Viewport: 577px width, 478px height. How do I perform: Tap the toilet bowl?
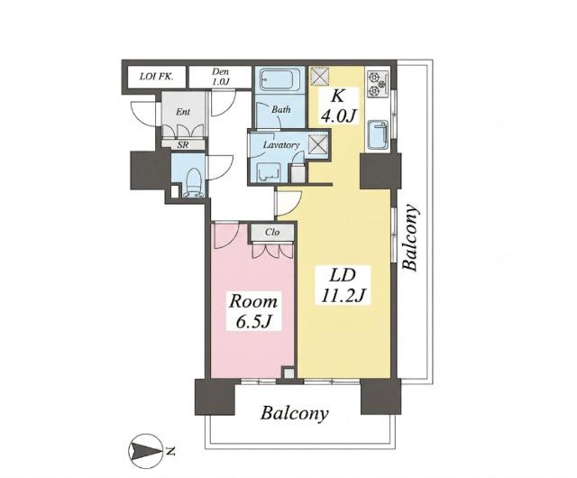193,183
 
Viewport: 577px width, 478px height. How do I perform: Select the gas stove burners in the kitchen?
378,83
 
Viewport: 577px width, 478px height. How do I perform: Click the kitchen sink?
378,134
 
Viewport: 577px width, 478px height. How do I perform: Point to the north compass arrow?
146,451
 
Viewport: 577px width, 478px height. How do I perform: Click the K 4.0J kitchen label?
338,106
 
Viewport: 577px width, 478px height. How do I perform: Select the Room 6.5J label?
253,311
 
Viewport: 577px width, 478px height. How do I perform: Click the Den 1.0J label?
220,77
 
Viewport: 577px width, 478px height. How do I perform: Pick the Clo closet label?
272,232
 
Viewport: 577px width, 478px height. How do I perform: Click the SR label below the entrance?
183,144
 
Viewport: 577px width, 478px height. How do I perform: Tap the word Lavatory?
281,144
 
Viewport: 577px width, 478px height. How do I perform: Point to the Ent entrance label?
183,112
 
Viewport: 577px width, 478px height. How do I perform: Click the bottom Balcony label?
295,413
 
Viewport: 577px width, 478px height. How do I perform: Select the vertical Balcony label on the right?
411,238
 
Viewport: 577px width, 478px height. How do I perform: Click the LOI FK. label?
157,77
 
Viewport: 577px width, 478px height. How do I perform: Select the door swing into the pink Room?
227,235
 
